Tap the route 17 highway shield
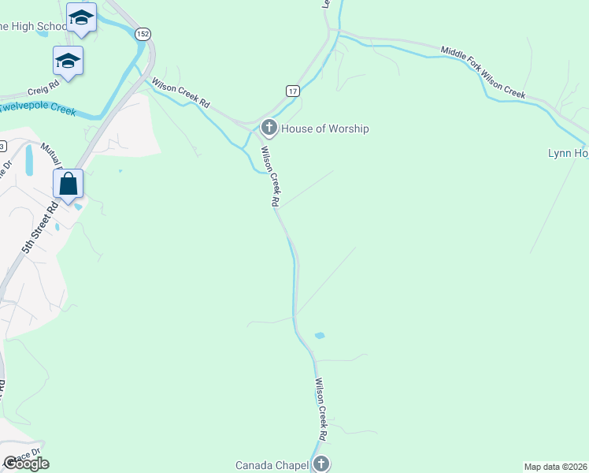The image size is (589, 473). (293, 91)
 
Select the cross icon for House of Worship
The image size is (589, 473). (269, 128)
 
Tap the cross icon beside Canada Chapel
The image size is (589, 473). (320, 464)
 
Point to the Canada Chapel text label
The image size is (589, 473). (272, 464)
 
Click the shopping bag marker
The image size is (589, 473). (69, 184)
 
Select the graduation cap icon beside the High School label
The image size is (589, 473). (81, 17)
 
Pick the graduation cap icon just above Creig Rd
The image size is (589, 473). (68, 61)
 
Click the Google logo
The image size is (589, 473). (26, 464)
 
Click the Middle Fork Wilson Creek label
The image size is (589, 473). (483, 72)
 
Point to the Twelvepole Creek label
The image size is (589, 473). (38, 108)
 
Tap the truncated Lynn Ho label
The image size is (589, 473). (568, 153)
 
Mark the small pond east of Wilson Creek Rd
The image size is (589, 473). (320, 336)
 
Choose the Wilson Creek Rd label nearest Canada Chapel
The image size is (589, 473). (321, 409)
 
